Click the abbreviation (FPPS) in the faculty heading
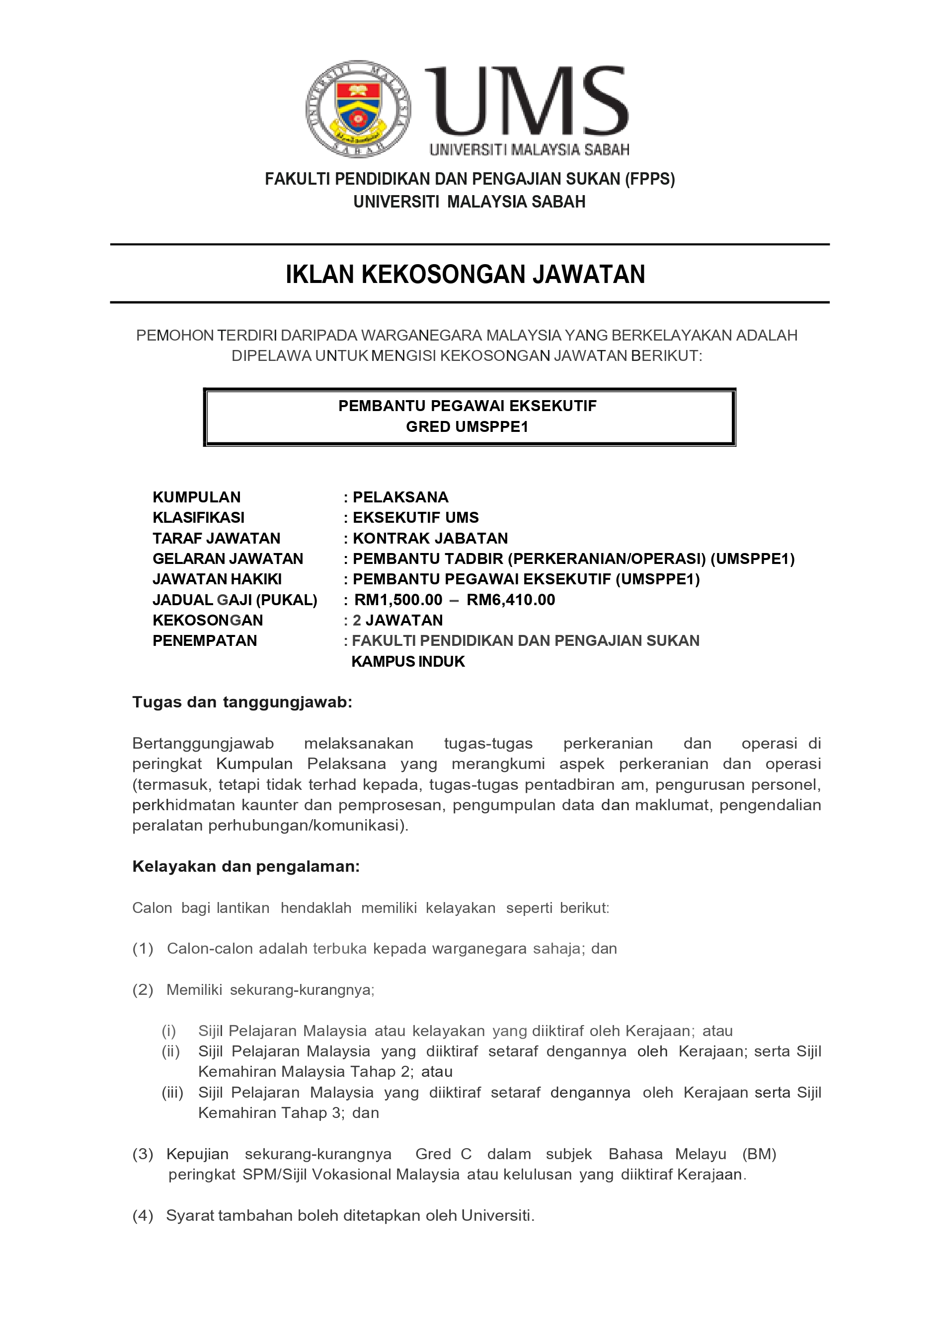[x=649, y=179]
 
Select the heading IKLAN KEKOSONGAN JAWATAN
[x=465, y=275]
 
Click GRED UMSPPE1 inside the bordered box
[x=467, y=427]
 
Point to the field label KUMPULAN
[x=196, y=497]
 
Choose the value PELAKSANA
[x=400, y=497]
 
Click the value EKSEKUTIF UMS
[x=415, y=517]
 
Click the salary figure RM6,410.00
[x=511, y=600]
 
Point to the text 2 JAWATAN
[x=397, y=621]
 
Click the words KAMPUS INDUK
[x=408, y=661]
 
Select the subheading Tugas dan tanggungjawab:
[x=242, y=702]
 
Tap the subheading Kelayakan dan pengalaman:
[x=246, y=867]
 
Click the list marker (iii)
[x=172, y=1092]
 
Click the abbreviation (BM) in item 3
[x=759, y=1154]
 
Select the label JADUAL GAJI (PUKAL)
[x=235, y=600]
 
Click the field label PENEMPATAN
[x=204, y=641]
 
